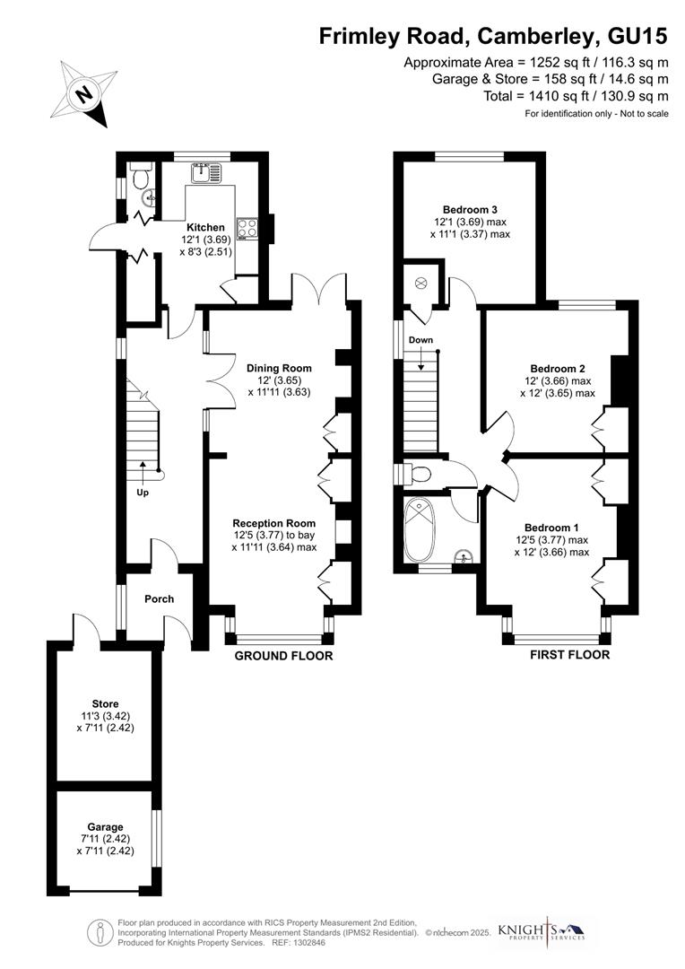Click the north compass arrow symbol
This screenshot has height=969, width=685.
click(83, 92)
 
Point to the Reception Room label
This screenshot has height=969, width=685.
click(274, 523)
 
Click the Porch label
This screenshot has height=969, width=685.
click(159, 599)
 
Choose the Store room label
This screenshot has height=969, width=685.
click(105, 703)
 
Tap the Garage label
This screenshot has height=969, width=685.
click(105, 826)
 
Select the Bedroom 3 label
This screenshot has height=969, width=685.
click(469, 209)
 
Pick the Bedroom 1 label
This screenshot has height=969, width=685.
click(551, 528)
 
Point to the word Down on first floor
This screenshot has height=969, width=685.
click(421, 341)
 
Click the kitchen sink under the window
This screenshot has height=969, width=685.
click(204, 171)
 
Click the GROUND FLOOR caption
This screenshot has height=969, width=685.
click(283, 656)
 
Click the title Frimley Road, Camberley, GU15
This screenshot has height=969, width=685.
click(494, 36)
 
